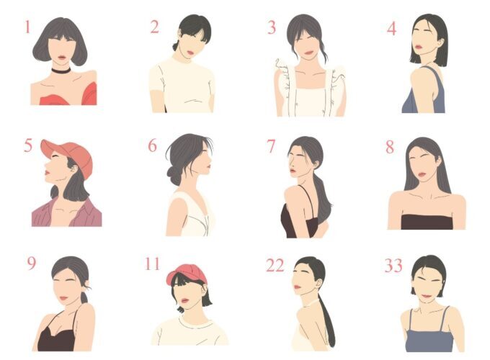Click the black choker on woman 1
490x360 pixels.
click(61, 71)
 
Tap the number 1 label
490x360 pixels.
click(27, 27)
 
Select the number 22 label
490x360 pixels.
click(275, 266)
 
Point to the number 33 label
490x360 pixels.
click(393, 266)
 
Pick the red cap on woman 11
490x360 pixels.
click(187, 274)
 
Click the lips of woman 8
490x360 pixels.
click(422, 174)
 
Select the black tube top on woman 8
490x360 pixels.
click(427, 222)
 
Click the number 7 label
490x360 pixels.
click(271, 146)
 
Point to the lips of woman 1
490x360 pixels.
click(62, 58)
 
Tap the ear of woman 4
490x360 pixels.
click(440, 42)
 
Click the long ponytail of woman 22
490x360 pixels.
click(328, 322)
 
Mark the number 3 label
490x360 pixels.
click(272, 27)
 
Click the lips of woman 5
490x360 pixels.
click(47, 172)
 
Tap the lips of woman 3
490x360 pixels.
click(308, 53)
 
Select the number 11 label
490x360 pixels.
click(153, 264)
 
